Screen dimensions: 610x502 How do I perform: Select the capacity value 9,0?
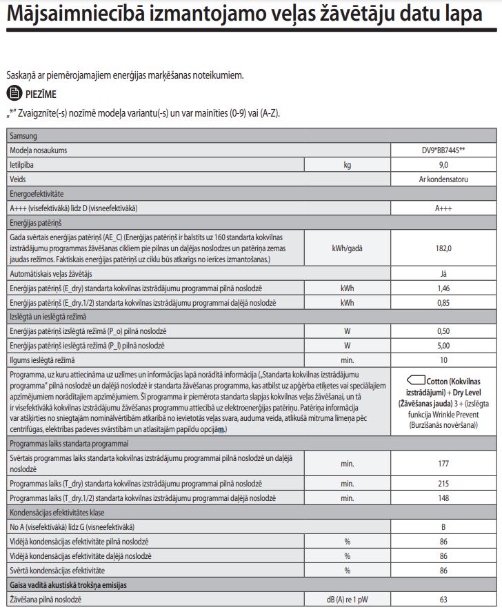443,164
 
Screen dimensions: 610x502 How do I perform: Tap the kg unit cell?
348,164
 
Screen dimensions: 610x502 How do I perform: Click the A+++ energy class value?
443,208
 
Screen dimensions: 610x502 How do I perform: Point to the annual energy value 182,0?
443,248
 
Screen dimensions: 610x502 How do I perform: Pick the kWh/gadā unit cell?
348,248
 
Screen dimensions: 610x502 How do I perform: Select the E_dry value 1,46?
443,288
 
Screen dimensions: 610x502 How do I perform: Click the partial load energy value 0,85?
443,302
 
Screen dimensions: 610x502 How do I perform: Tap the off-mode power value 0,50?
443,331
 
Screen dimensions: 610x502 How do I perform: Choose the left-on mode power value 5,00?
443,345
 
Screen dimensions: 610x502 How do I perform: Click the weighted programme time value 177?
443,464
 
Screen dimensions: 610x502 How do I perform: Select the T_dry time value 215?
443,484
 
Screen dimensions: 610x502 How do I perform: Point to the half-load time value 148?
443,498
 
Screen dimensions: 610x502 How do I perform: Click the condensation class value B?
443,527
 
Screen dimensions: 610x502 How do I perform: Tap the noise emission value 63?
443,599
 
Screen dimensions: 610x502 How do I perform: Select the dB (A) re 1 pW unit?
348,599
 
